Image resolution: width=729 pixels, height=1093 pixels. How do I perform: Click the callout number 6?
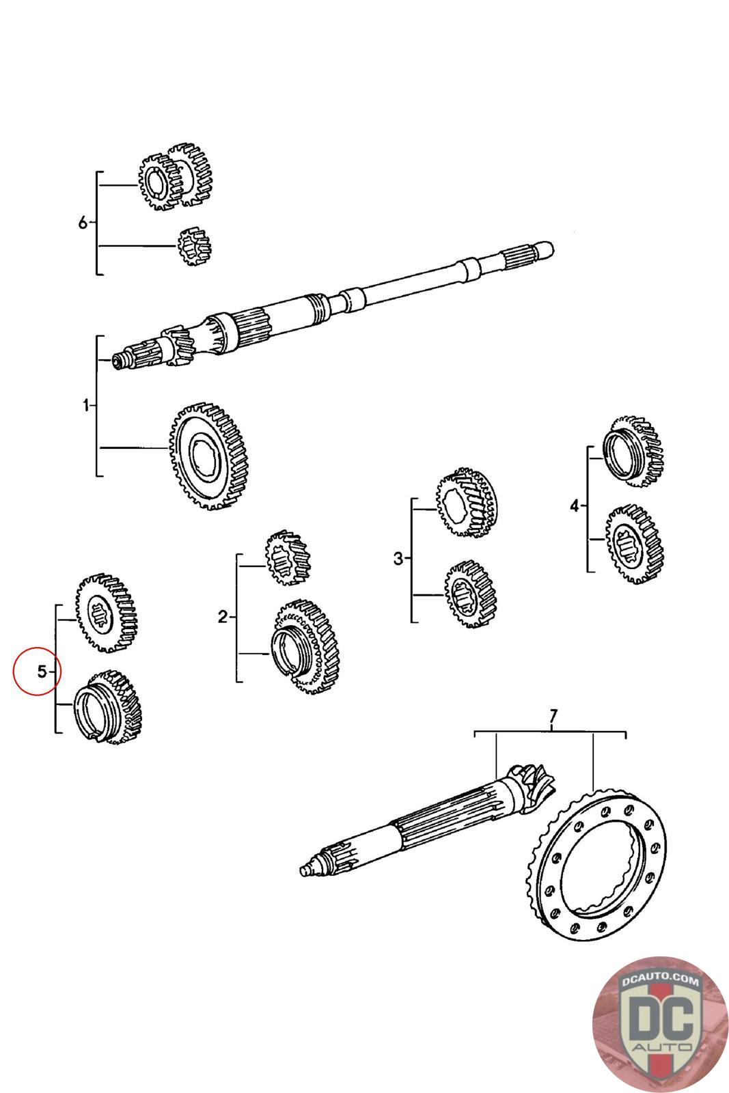pos(83,223)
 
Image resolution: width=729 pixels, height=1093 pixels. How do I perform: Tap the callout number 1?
pos(86,406)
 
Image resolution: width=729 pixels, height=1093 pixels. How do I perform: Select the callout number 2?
pos(222,618)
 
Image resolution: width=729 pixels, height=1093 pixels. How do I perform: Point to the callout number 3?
pos(399,559)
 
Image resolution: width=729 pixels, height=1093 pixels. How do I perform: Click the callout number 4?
pos(574,506)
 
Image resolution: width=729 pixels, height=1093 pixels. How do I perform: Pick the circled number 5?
pos(42,672)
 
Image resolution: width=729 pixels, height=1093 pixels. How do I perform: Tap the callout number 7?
pos(553,717)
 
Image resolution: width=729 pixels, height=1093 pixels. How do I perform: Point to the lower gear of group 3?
pos(470,593)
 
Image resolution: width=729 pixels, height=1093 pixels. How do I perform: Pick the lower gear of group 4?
pos(633,543)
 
